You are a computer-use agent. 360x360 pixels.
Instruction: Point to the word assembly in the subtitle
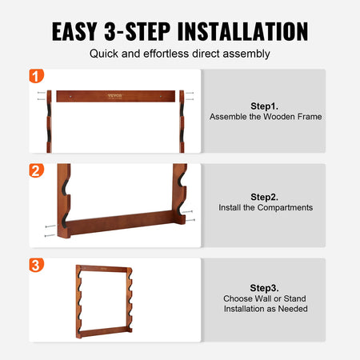[x=248, y=54]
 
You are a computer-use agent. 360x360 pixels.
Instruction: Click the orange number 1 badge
[x=36, y=77]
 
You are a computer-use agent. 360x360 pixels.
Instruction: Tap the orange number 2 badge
[x=36, y=171]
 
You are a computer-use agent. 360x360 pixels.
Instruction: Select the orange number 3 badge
[x=36, y=265]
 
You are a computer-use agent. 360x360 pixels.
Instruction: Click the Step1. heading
[x=266, y=104]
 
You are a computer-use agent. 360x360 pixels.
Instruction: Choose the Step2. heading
[x=266, y=196]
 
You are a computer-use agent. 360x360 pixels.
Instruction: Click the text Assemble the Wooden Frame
[x=266, y=117]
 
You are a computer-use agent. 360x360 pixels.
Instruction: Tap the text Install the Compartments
[x=266, y=208]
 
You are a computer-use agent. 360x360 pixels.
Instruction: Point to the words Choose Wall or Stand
[x=266, y=298]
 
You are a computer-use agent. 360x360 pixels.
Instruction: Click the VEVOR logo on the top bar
[x=117, y=96]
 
